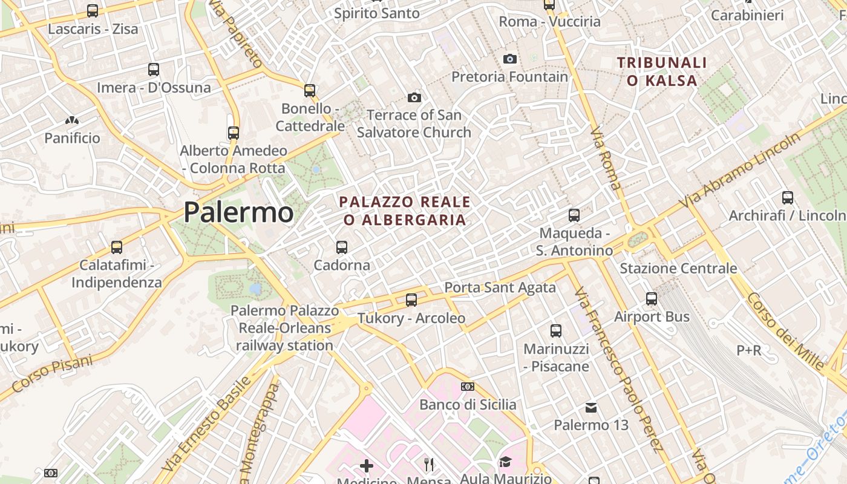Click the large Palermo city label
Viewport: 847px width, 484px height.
(238, 212)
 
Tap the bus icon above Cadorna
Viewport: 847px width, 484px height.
(342, 247)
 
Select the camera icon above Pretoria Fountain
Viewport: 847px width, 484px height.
(510, 59)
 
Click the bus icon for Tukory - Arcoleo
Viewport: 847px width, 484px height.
(411, 299)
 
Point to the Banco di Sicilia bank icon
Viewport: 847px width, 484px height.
(468, 387)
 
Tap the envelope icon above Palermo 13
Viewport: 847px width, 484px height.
(591, 408)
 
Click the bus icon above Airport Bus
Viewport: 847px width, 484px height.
(652, 298)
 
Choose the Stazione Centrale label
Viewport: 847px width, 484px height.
(678, 268)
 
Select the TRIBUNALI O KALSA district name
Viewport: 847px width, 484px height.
(662, 71)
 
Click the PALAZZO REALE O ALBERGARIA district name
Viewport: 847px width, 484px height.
(405, 211)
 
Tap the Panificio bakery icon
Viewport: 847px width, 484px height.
(72, 121)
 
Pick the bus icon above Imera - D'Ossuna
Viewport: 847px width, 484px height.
(154, 70)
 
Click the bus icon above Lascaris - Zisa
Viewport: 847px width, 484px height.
(93, 11)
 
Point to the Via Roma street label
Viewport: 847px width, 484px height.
(606, 159)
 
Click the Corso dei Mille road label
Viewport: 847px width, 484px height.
(786, 330)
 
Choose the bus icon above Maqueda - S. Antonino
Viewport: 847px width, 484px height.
(574, 215)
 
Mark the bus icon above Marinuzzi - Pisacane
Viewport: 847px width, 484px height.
(556, 331)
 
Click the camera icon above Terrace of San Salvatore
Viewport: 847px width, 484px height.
(414, 97)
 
